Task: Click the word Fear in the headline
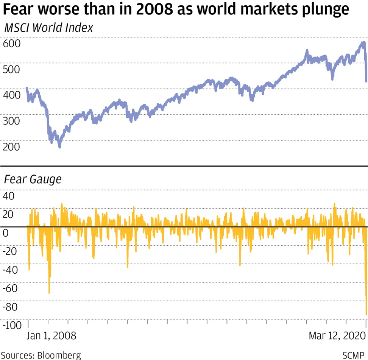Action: click(x=19, y=9)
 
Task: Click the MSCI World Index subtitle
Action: click(x=48, y=28)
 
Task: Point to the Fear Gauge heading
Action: click(x=32, y=179)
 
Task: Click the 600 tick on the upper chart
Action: click(x=11, y=43)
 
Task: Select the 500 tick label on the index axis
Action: click(x=11, y=69)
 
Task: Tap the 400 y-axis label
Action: click(x=11, y=95)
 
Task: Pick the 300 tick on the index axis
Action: click(x=11, y=121)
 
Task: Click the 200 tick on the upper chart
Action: click(x=11, y=146)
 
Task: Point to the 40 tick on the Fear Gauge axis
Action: click(x=8, y=196)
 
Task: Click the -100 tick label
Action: click(x=12, y=325)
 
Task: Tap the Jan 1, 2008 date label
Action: click(x=52, y=335)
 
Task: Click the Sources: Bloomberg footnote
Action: click(x=41, y=355)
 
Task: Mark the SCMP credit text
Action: click(x=353, y=355)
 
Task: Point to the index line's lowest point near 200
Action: click(x=59, y=146)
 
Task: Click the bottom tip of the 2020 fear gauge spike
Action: click(x=366, y=315)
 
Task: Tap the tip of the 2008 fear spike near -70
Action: click(x=49, y=293)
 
